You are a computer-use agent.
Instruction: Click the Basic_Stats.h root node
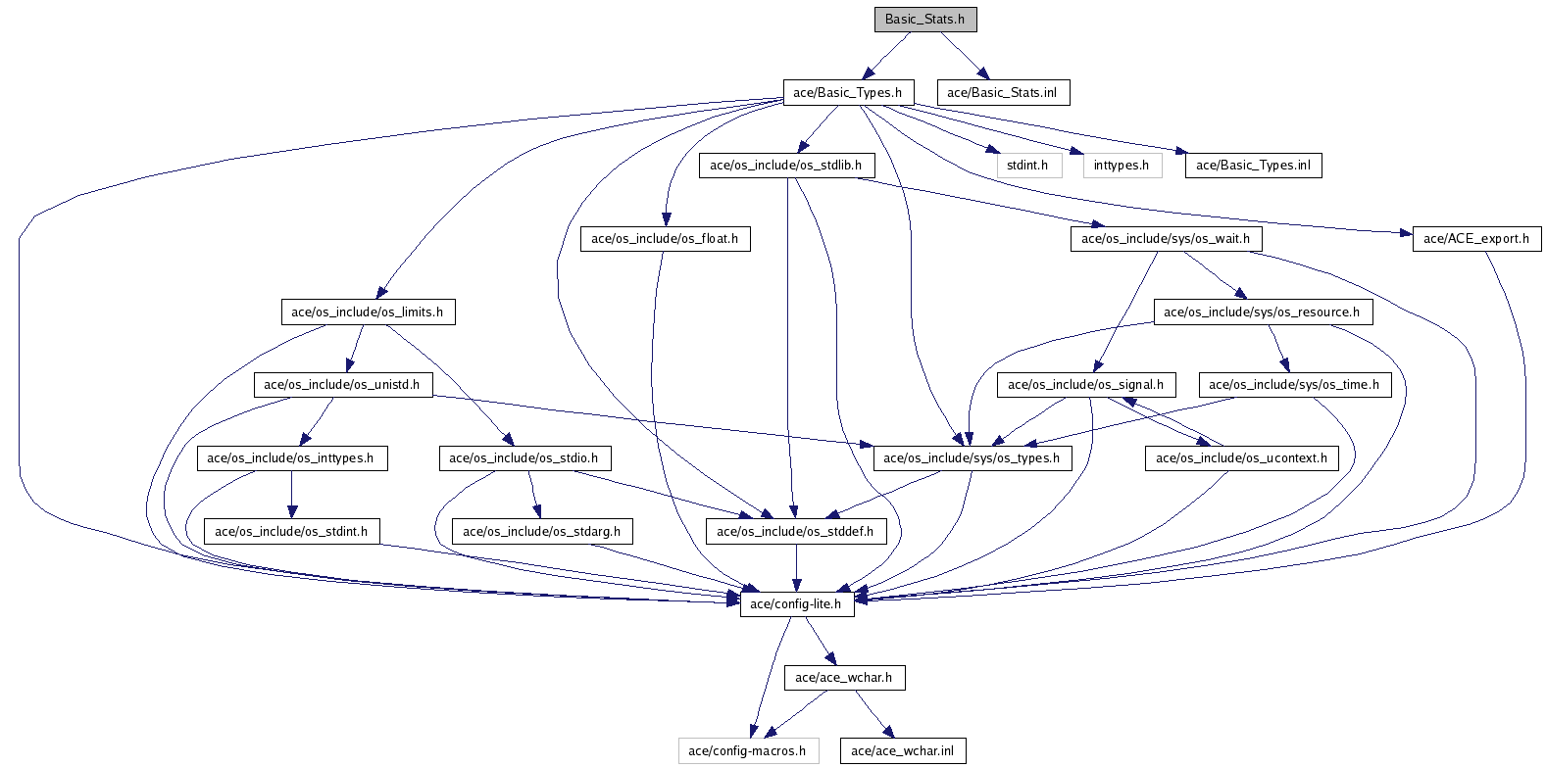pos(925,20)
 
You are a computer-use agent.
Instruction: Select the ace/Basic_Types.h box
pos(848,93)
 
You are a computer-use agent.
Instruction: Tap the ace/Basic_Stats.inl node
pos(1002,93)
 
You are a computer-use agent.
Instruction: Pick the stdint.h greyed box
pos(1028,166)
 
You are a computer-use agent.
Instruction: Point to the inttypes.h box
pos(1122,166)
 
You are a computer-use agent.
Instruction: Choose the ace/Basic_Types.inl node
pos(1253,166)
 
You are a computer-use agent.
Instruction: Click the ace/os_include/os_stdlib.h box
pos(786,166)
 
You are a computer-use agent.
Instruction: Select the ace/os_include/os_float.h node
pos(665,239)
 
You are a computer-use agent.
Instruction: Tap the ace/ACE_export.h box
pos(1476,239)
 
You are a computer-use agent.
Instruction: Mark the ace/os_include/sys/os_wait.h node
pos(1166,239)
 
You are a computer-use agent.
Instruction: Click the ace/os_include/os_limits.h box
pos(368,312)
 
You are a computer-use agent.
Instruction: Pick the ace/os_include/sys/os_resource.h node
pos(1262,312)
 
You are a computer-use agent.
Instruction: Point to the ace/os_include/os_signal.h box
pos(1086,385)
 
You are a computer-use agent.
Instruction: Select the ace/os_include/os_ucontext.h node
pos(1241,458)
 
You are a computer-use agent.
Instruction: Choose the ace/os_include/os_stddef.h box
pos(795,532)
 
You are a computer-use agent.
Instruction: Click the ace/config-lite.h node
pos(796,604)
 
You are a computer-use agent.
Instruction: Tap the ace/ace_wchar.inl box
pos(903,751)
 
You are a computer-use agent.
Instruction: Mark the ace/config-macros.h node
pos(748,751)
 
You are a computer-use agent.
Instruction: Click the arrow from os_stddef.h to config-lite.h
pos(796,568)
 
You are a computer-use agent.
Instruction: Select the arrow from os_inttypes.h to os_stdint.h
pos(291,495)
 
